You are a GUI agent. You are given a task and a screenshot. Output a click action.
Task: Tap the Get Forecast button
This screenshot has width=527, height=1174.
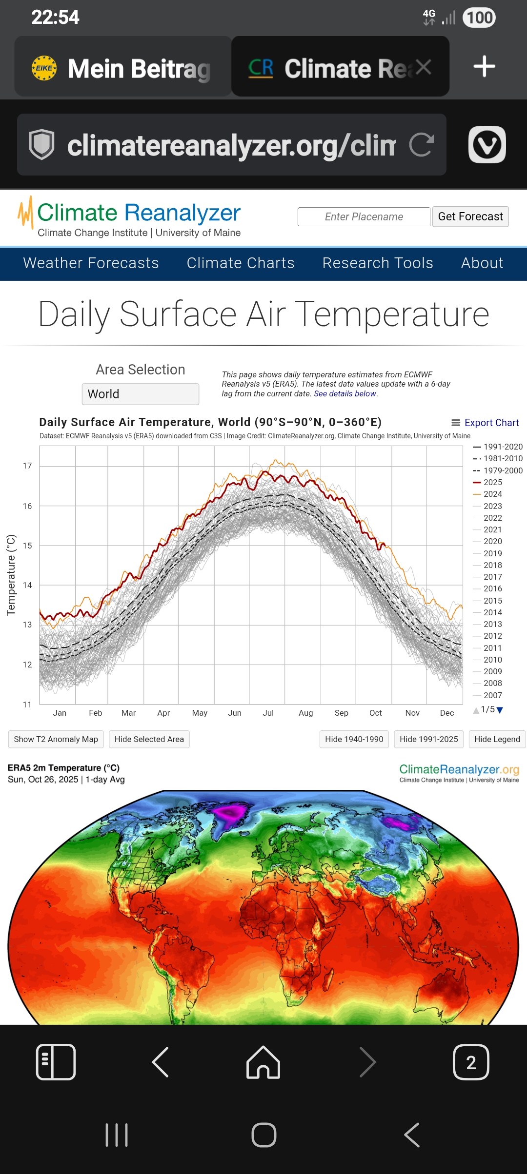click(x=470, y=216)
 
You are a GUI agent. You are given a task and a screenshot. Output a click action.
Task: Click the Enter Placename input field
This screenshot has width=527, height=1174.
click(x=364, y=216)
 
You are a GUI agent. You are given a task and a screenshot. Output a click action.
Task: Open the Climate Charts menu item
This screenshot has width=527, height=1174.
click(x=241, y=263)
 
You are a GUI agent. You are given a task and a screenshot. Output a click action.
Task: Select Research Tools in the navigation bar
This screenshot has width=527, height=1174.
click(x=378, y=263)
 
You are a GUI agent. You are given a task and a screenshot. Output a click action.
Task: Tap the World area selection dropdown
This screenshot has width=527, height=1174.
click(x=141, y=394)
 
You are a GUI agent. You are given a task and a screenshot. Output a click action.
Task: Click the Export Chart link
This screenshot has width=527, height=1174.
click(x=486, y=423)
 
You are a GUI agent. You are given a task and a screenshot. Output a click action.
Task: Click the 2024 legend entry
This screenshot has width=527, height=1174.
click(x=492, y=494)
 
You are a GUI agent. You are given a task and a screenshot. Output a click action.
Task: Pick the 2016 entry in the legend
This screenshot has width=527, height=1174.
click(x=492, y=588)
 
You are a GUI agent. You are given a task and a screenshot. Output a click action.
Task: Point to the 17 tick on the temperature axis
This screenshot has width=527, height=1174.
click(x=27, y=466)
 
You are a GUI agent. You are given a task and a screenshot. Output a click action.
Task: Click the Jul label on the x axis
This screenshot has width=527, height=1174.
click(x=268, y=713)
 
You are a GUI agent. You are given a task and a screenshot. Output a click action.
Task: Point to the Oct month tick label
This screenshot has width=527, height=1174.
click(x=376, y=713)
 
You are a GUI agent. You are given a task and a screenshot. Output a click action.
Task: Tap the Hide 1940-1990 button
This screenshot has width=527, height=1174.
click(x=354, y=739)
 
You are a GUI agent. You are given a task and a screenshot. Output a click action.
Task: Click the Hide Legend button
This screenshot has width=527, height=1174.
click(x=497, y=739)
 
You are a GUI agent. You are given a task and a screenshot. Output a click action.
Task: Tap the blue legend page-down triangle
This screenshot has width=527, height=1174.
click(x=500, y=710)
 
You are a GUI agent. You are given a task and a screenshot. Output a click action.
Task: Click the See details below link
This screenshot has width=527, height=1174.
click(x=345, y=393)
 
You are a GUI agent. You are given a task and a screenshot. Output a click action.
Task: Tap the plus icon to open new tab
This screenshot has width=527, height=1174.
click(x=484, y=67)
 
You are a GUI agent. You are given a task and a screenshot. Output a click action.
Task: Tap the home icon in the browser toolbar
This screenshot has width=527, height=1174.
click(x=263, y=1062)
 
